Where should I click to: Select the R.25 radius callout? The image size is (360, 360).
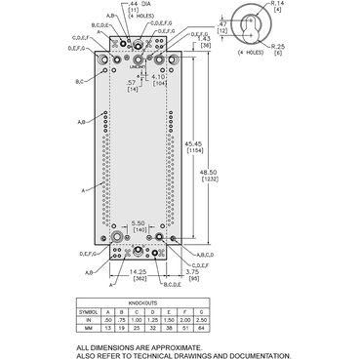point(279,46)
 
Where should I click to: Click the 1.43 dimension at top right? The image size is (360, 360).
point(205,40)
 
